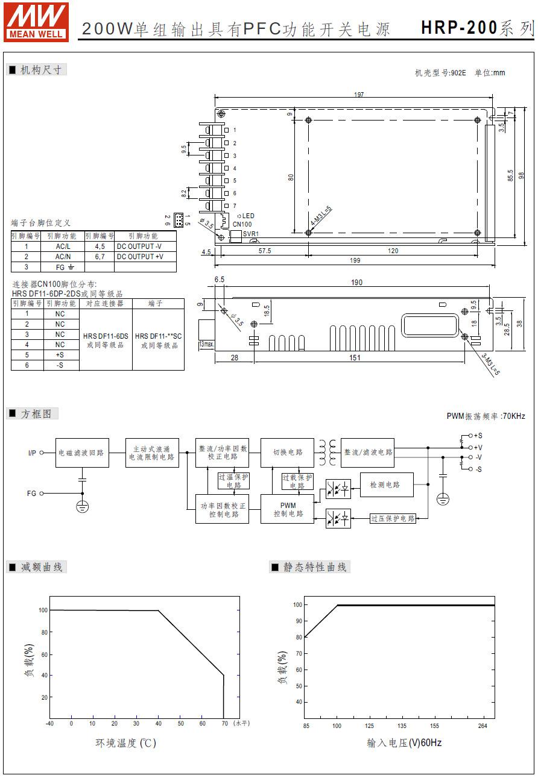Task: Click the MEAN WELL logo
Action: coord(37,21)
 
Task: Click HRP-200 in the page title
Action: coord(459,28)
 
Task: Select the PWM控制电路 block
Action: coord(287,509)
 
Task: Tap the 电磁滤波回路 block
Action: coord(82,453)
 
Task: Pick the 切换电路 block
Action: coord(287,453)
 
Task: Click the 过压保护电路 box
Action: coord(393,518)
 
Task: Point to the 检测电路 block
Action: coord(387,485)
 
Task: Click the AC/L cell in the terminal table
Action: coord(63,246)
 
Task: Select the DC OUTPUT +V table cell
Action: coord(139,257)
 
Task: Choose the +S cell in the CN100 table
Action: coord(60,355)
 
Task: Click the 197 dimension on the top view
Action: coord(359,95)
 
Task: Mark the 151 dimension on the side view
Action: coord(355,358)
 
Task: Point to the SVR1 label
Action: coord(250,234)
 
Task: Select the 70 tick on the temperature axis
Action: coord(224,723)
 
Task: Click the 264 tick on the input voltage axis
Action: coord(483,726)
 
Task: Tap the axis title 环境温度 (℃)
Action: coord(125,743)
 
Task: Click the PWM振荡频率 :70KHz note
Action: coord(486,416)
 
